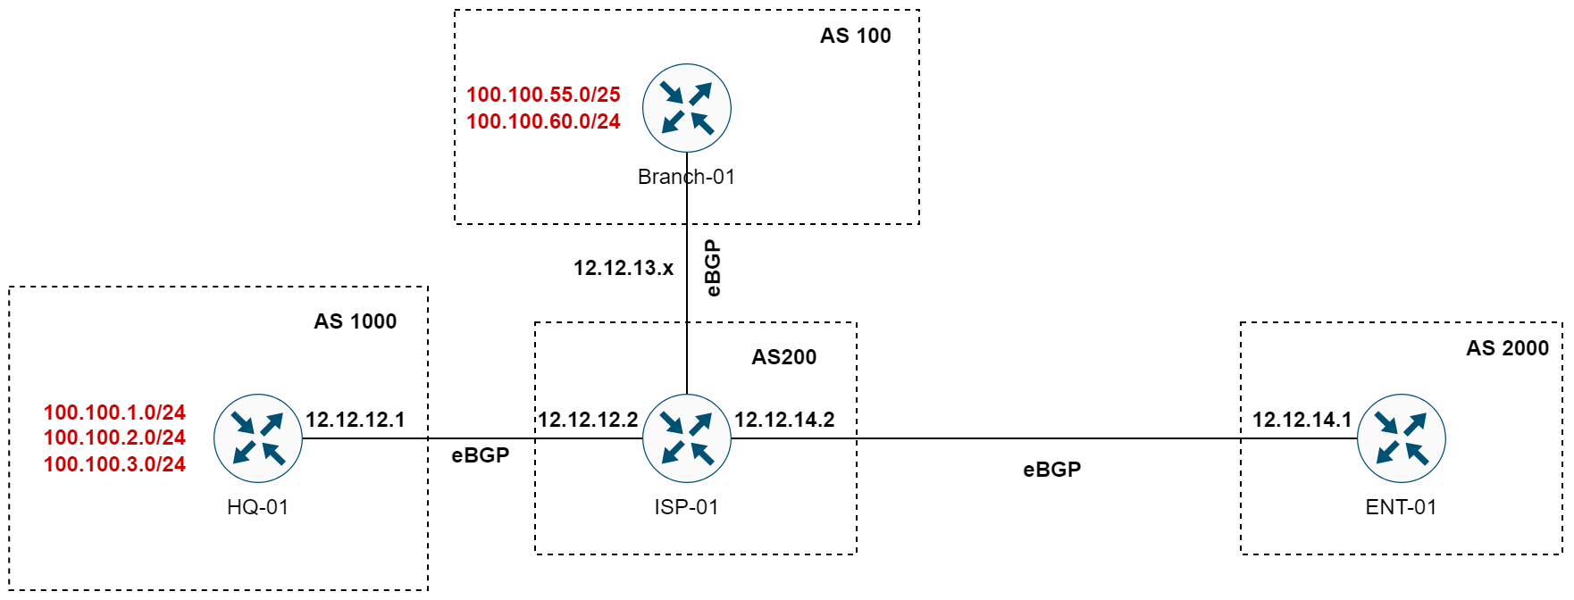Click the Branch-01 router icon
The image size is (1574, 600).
point(686,108)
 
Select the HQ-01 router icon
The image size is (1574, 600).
point(258,438)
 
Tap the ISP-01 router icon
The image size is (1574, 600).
point(686,438)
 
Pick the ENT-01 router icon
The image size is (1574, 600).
point(1401,438)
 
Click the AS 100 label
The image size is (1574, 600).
point(855,36)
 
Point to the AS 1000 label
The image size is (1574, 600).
point(355,321)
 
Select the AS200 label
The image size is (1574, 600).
point(783,357)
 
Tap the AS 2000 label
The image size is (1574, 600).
point(1507,348)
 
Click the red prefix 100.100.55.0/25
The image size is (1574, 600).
point(543,95)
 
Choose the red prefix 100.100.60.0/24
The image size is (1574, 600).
point(543,121)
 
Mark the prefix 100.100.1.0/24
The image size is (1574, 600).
point(114,412)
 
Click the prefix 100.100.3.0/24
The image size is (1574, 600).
point(114,464)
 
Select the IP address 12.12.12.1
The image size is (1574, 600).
point(355,420)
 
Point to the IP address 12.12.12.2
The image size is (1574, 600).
point(588,420)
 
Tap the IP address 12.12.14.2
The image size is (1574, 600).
point(784,420)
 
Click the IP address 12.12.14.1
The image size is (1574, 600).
point(1302,420)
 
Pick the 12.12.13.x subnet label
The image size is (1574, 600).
point(623,268)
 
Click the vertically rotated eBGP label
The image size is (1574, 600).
point(712,268)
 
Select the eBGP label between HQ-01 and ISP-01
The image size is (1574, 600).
point(480,455)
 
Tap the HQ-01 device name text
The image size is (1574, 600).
point(257,507)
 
